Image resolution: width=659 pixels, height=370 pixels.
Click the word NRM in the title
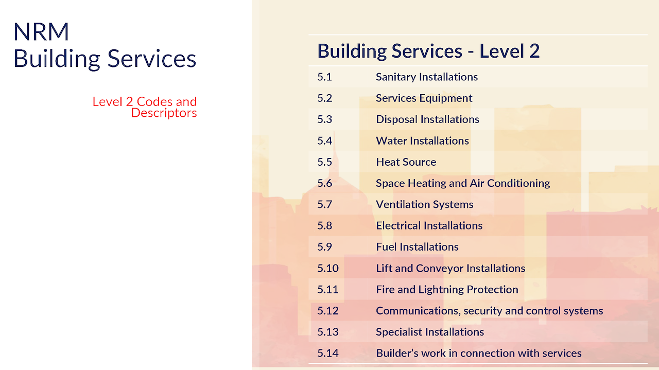(x=41, y=31)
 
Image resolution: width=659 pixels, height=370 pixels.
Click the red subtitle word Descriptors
(x=164, y=113)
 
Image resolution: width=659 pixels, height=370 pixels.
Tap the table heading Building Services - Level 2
(x=428, y=51)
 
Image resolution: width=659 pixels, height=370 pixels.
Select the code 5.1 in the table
(x=324, y=77)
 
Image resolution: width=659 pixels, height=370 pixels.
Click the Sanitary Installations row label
(x=427, y=77)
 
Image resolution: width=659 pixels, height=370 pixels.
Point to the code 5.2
(x=324, y=98)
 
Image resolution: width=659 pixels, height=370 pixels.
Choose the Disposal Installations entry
(x=427, y=119)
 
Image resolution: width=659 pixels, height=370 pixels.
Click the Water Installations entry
(x=422, y=141)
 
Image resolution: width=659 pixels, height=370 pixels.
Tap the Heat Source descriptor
(x=406, y=162)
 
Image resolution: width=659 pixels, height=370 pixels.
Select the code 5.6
(x=324, y=183)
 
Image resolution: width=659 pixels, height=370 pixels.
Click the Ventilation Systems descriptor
(x=425, y=204)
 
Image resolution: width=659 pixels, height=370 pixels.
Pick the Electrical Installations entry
(x=429, y=225)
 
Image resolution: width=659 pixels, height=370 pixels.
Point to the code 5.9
(x=324, y=247)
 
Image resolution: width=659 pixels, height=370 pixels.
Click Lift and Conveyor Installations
(x=450, y=268)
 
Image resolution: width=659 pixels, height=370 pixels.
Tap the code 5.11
(x=328, y=289)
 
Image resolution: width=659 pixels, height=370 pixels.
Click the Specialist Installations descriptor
(x=430, y=332)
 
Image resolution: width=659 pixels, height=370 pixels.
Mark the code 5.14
(x=328, y=353)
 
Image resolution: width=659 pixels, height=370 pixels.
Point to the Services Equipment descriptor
(x=424, y=98)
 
